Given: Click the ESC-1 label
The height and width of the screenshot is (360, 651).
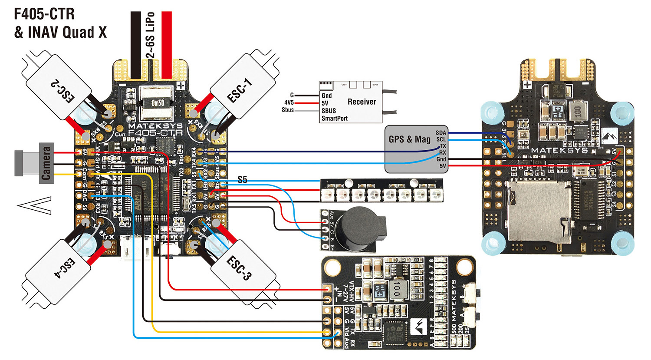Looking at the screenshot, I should click(x=240, y=91).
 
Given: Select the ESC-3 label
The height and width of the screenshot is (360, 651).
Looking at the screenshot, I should click(x=239, y=268).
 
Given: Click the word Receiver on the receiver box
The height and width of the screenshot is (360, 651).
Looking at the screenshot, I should click(x=362, y=102).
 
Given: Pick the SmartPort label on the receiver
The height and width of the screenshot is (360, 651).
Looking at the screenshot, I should click(x=334, y=118).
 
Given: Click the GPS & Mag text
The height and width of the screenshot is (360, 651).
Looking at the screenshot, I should click(x=409, y=139).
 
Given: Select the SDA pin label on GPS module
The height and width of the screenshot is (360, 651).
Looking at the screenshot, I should click(x=441, y=133).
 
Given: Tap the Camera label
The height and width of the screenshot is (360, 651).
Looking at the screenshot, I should click(x=46, y=163).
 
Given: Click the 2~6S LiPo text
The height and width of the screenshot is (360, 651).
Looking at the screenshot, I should click(x=150, y=35).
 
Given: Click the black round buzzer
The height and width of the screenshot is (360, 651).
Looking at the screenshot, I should click(x=358, y=229).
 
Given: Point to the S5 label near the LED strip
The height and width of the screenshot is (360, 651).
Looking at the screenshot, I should click(x=242, y=180).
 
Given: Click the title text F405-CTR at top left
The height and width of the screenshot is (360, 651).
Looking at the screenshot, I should click(x=44, y=14).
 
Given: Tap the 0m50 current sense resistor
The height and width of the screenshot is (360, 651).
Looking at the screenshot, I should click(x=157, y=103).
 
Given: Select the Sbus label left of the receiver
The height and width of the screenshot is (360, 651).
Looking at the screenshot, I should click(x=288, y=110).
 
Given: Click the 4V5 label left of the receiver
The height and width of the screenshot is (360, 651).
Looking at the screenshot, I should click(x=289, y=102).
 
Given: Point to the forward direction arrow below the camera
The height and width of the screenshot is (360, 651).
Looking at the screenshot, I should click(x=35, y=205).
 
